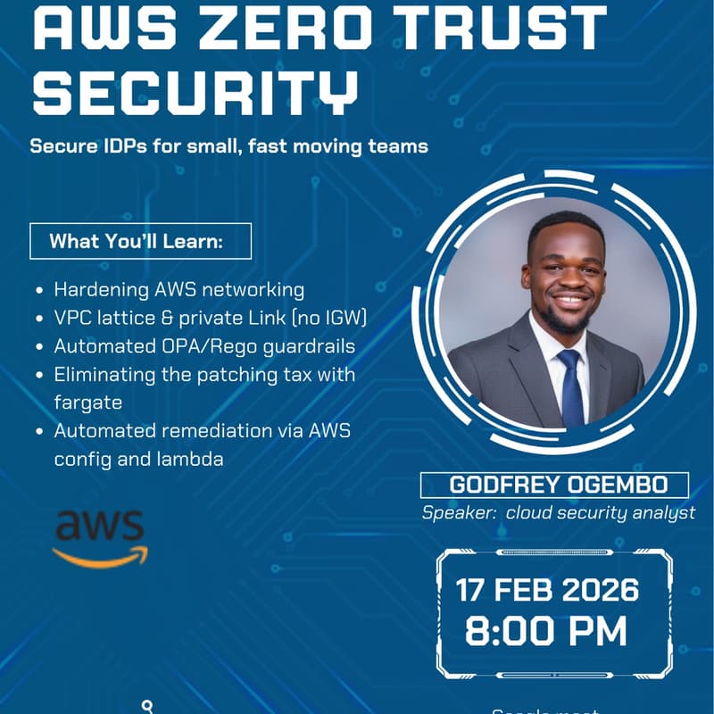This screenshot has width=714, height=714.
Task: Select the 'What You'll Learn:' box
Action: tap(140, 241)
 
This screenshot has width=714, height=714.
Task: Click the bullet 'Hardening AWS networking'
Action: tap(178, 290)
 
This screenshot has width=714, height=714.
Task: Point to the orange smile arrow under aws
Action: tap(100, 557)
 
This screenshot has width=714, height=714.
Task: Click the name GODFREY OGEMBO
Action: tap(554, 486)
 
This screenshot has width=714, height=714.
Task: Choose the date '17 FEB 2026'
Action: tap(548, 591)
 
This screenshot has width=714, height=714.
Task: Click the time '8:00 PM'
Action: tap(546, 631)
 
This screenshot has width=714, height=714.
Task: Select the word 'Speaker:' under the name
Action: tap(458, 512)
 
